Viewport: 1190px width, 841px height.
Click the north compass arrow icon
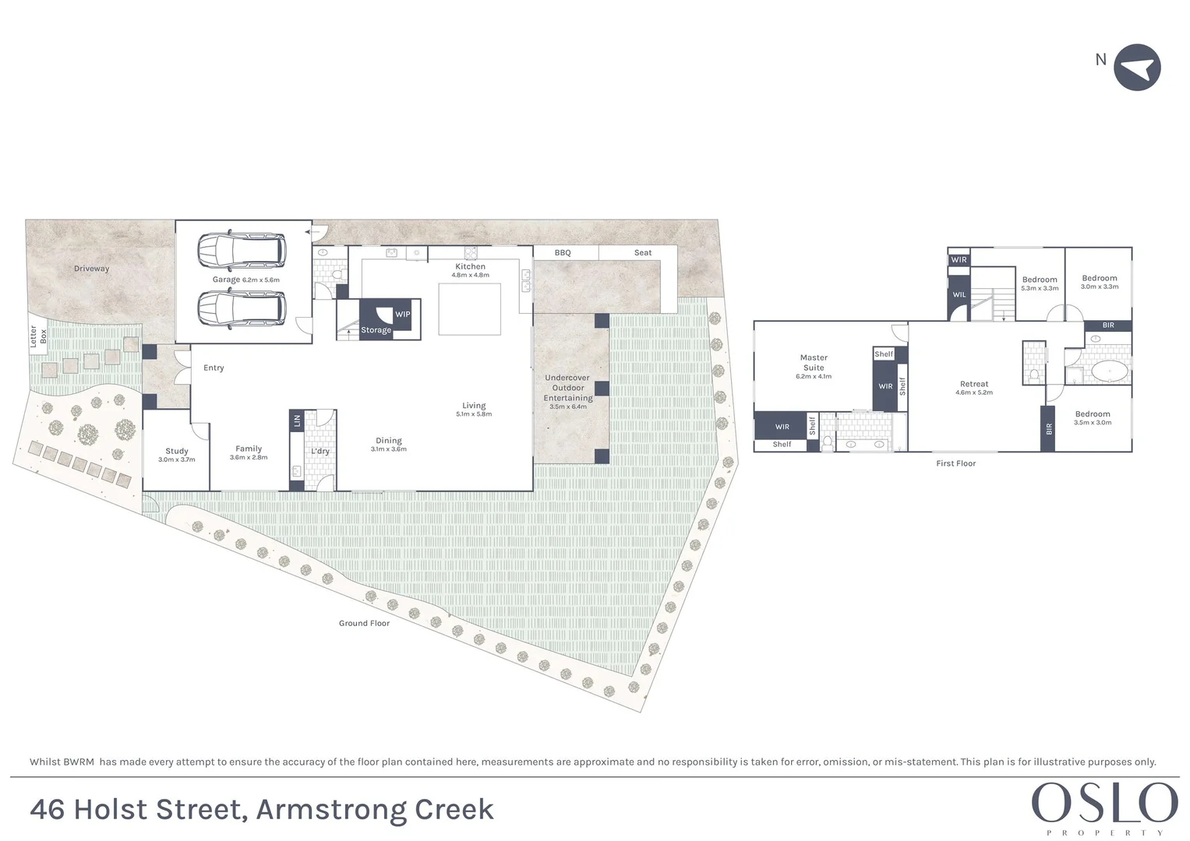1137,68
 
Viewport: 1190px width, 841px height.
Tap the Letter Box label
38,336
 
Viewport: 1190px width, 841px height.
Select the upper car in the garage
242,250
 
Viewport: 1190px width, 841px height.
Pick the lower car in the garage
242,308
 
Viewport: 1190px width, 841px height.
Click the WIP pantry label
402,315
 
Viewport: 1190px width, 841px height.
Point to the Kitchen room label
470,266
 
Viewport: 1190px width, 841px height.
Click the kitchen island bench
469,309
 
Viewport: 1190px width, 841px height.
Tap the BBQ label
563,253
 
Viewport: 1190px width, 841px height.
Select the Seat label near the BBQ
643,253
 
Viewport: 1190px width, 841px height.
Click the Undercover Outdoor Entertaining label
568,388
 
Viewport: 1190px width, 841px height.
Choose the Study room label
177,451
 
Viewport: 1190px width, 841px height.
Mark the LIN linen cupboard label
297,420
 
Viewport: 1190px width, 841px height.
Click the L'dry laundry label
320,452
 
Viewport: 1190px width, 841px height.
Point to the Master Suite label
814,363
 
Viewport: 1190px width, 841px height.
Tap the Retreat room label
974,384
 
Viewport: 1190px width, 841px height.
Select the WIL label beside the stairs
959,295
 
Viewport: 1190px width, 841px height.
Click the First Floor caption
955,463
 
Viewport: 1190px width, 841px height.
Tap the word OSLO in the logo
1104,804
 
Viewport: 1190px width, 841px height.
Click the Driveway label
92,269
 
